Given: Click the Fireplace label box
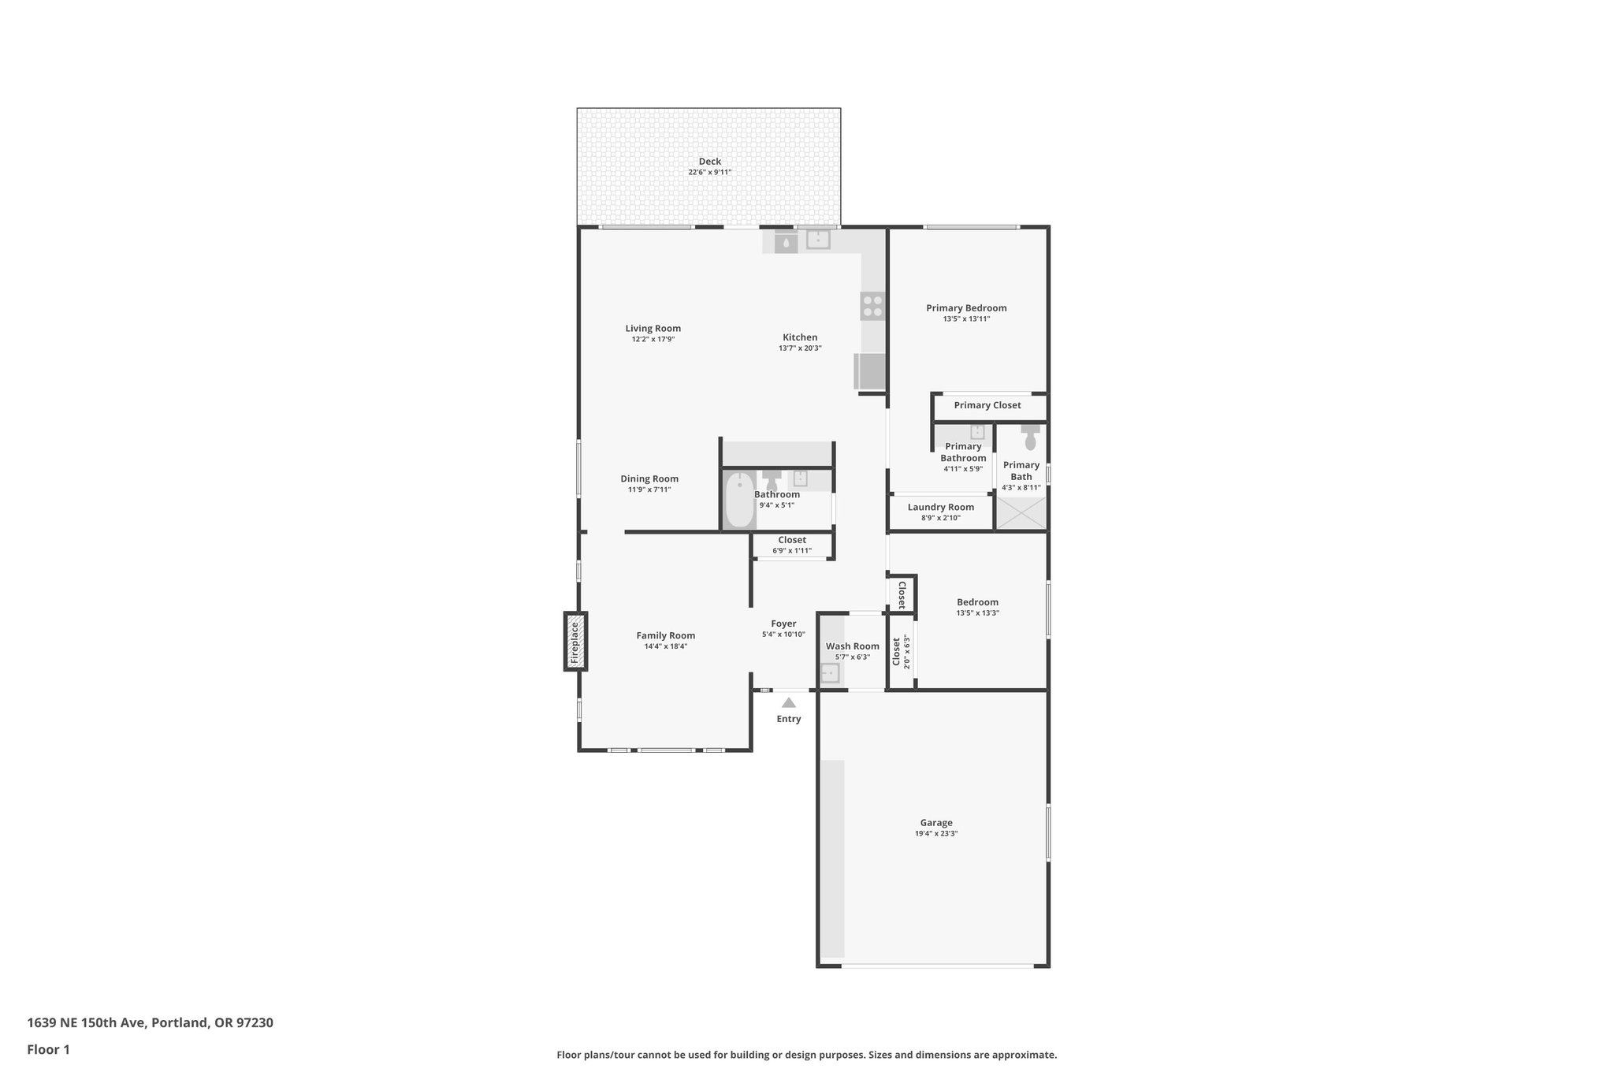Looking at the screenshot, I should point(575,641).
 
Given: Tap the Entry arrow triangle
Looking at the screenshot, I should point(788,703).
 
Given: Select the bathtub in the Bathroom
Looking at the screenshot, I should point(739,500).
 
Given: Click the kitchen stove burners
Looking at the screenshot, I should point(872,305).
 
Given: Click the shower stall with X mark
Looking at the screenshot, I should point(1021,513).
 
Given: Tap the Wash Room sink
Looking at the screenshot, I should point(830,673).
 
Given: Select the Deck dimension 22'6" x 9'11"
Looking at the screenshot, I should point(709,172).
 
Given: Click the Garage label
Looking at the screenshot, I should point(936,822).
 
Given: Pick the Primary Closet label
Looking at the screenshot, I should point(987,405).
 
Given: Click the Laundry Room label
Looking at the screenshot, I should point(940,507).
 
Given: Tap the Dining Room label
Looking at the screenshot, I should point(649,478).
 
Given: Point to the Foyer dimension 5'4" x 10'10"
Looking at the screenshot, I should point(783,634).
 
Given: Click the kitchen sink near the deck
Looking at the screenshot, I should point(818,240).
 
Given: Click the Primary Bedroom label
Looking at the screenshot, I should point(966,308).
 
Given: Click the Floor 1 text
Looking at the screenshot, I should point(49,1049).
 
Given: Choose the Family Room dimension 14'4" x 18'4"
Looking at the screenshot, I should point(666,646).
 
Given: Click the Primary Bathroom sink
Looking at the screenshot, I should point(977,432).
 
